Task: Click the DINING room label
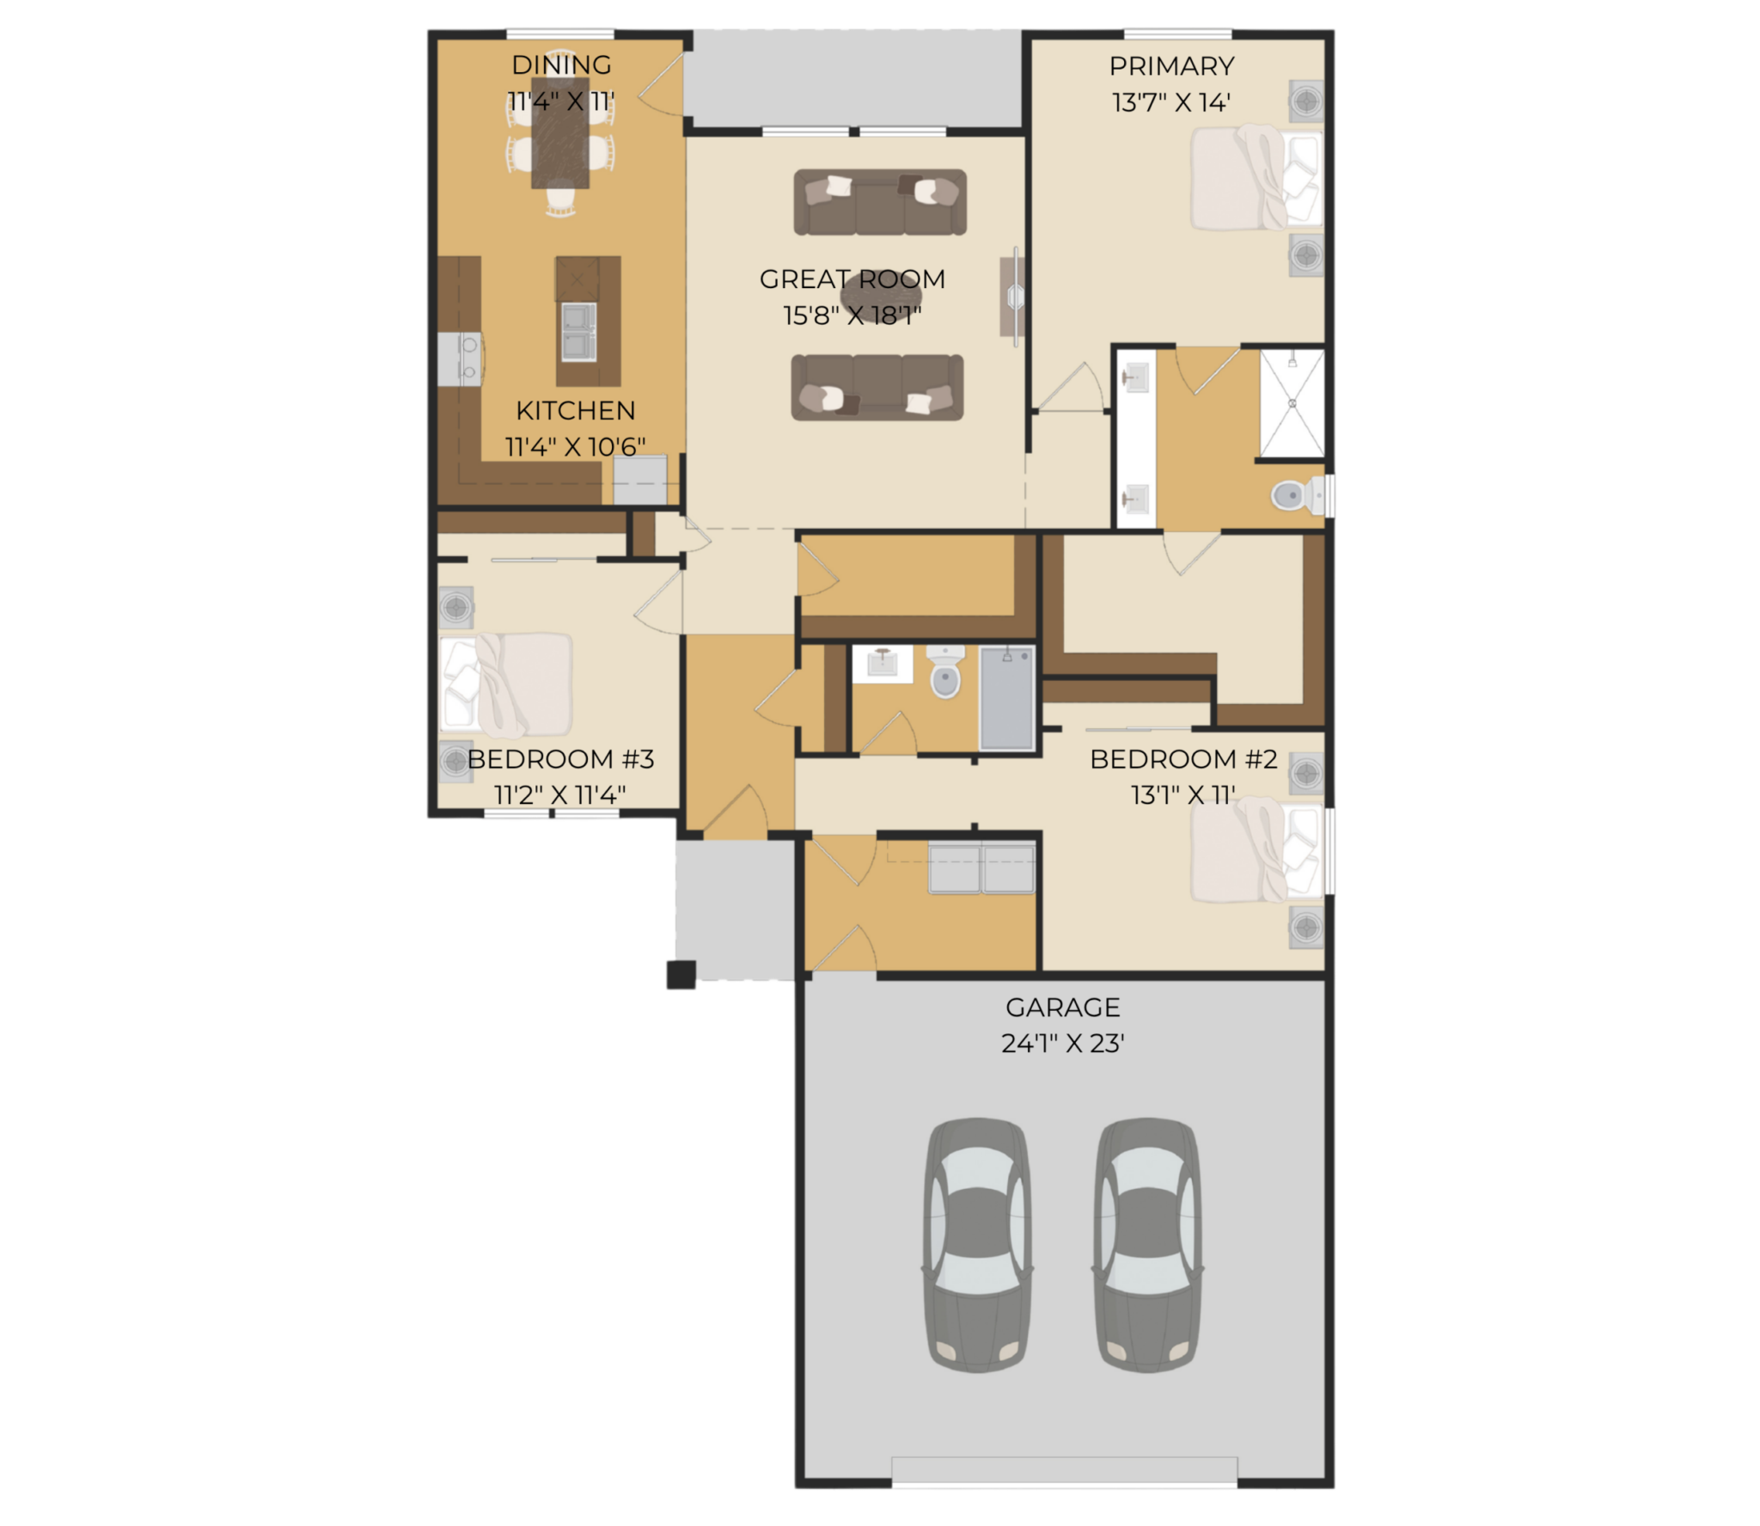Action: [x=561, y=64]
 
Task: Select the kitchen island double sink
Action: [x=578, y=331]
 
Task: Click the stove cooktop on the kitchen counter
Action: [x=461, y=359]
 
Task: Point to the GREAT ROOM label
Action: [x=852, y=279]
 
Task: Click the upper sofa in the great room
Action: [x=880, y=202]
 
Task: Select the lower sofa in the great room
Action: [x=877, y=388]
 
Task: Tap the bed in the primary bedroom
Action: [x=1256, y=178]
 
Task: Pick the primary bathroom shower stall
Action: [x=1292, y=402]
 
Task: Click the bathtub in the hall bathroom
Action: [x=1007, y=698]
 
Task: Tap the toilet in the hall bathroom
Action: [x=945, y=671]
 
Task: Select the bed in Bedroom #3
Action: [x=506, y=685]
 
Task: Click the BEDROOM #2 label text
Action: [x=1183, y=759]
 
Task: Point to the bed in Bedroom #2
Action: [x=1256, y=850]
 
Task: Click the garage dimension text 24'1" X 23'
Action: [x=1063, y=1043]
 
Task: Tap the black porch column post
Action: [x=681, y=975]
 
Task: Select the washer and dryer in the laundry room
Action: [x=981, y=868]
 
